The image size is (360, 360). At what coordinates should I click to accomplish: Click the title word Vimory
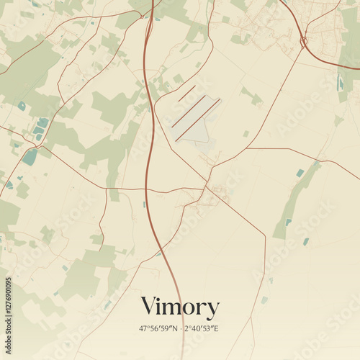[179, 308]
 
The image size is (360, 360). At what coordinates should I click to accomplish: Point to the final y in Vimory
[212, 311]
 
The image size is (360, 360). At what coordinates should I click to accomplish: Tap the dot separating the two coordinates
[179, 329]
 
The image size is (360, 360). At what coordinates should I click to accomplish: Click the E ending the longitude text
[215, 329]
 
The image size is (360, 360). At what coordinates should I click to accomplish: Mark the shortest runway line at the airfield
[187, 93]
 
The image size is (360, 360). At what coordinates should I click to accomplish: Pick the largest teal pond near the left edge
[30, 157]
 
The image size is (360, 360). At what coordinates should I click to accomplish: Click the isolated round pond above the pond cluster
[22, 106]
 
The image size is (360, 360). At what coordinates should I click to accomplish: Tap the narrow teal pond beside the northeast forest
[340, 83]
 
